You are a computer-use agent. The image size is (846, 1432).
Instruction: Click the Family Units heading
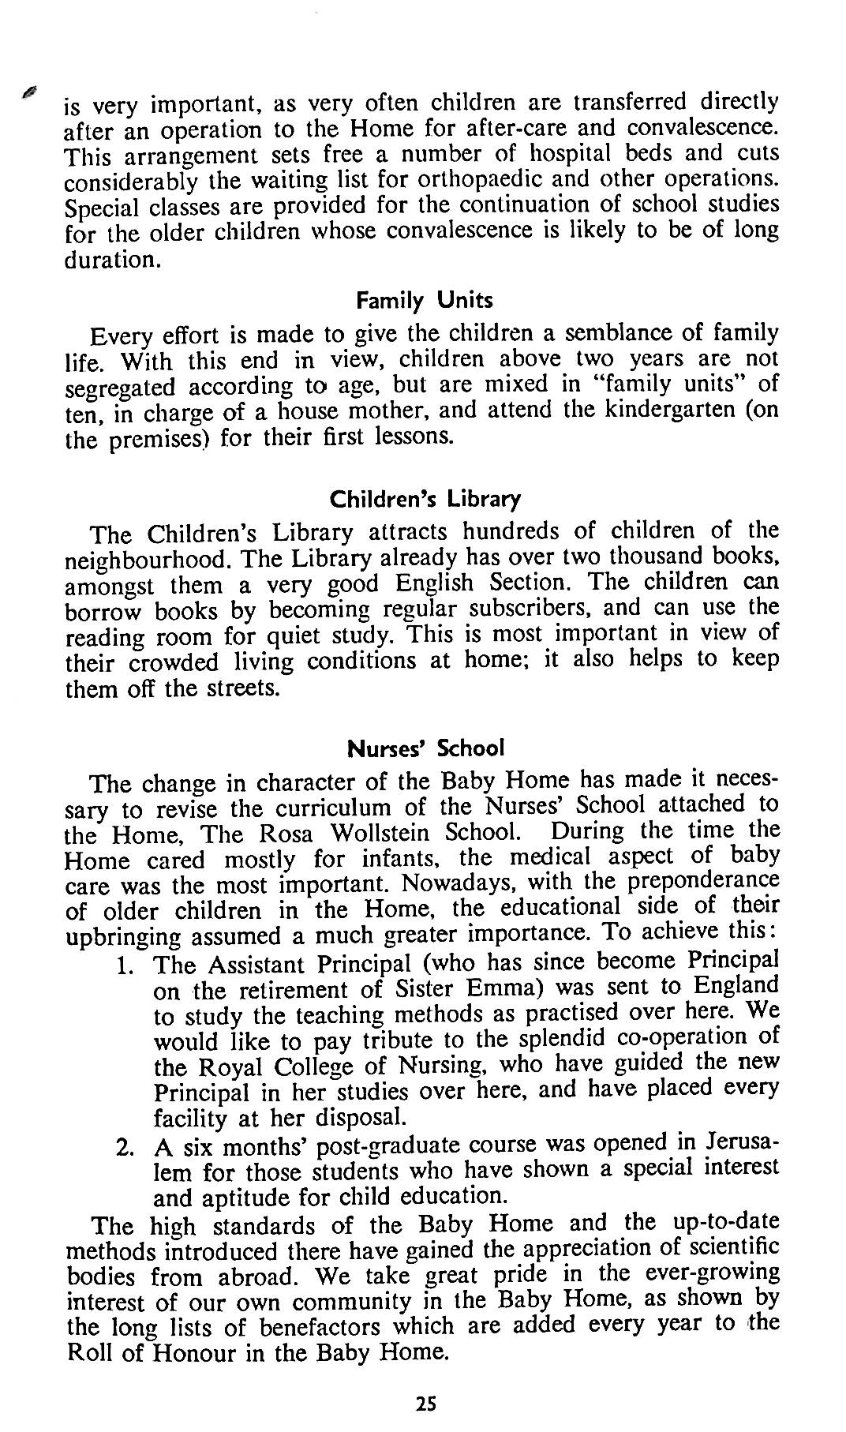[424, 301]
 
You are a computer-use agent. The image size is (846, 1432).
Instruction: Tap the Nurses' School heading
[425, 748]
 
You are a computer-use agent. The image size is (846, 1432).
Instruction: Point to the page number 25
[426, 1404]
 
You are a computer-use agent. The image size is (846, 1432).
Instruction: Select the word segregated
[109, 388]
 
